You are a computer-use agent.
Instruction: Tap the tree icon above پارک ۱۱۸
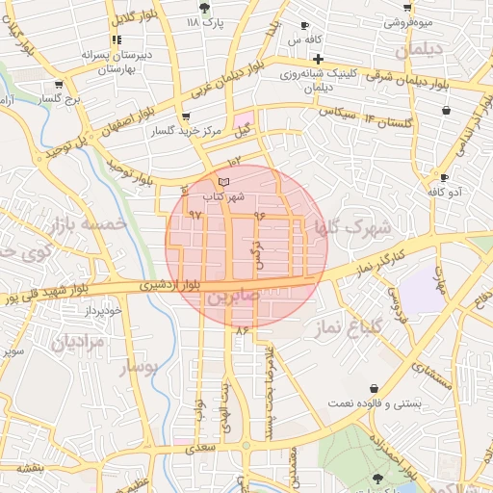coord(203,7)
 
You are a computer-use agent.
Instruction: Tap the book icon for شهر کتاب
coord(223,181)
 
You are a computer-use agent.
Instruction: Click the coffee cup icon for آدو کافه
coord(443,177)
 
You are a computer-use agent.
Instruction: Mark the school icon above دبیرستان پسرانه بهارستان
coord(117,40)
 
